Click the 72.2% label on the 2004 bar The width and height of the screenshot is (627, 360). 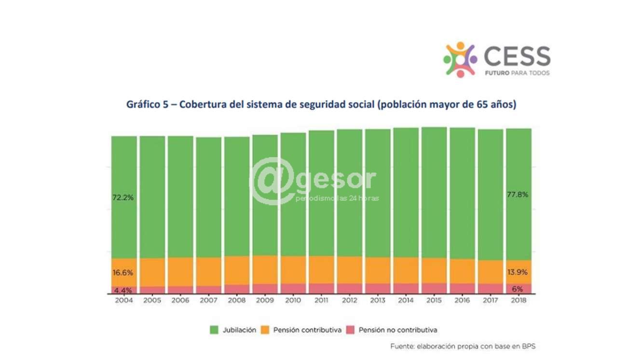(x=123, y=198)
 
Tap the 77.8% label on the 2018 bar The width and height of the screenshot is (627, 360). (x=518, y=195)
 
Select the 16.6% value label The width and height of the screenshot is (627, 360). (x=123, y=272)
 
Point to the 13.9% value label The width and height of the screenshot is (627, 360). (x=518, y=272)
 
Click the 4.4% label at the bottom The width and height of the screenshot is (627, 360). (x=123, y=290)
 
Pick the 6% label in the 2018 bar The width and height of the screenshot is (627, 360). (x=518, y=290)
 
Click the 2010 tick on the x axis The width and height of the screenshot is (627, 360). (x=293, y=300)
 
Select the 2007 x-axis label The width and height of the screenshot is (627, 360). (x=208, y=300)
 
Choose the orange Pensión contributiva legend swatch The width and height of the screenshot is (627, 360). (x=265, y=330)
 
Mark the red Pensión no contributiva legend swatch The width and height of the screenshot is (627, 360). (x=351, y=330)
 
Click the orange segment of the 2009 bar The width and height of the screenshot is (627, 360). (x=265, y=269)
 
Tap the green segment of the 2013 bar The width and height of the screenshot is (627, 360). (x=378, y=193)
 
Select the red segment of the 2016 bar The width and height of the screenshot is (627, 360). (x=462, y=288)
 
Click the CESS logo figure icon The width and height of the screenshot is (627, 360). (x=459, y=59)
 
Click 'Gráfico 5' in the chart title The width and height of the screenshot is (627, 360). (x=147, y=104)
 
